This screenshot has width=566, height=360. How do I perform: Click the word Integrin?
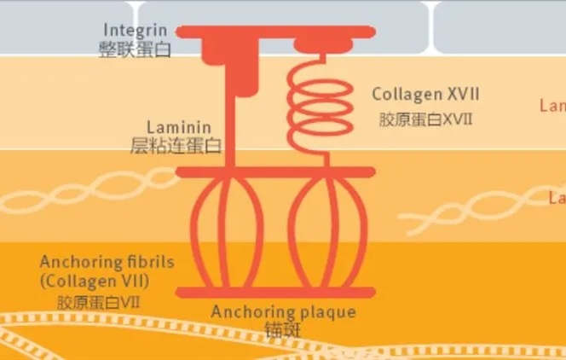click(x=135, y=31)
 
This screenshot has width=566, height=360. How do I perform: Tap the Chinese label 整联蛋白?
click(x=135, y=49)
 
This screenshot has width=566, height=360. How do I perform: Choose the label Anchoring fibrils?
click(x=107, y=261)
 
